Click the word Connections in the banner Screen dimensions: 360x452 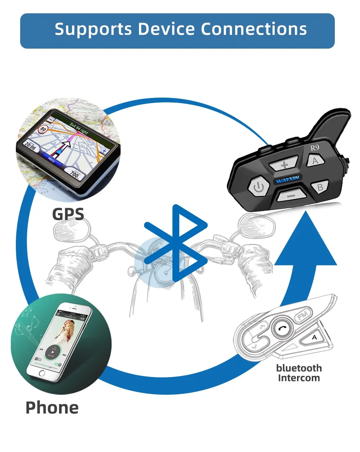(x=254, y=29)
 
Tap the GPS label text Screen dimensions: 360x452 (x=68, y=214)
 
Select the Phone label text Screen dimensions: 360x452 (x=52, y=407)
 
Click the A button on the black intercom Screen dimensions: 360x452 (x=315, y=160)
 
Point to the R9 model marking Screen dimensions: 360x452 (x=315, y=148)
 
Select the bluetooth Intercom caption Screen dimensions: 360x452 (x=299, y=373)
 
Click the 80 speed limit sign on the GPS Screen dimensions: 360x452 (x=44, y=128)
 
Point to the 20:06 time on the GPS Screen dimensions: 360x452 (x=30, y=145)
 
